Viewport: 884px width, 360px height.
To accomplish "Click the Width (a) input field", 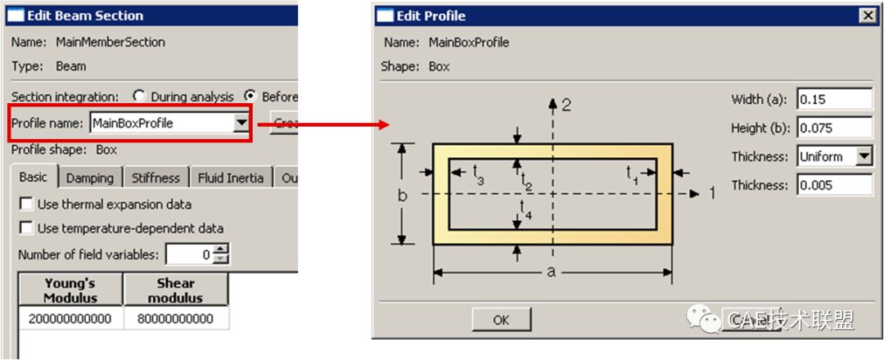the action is tap(835, 99).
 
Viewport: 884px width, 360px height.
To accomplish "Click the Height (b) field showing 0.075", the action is tap(835, 128).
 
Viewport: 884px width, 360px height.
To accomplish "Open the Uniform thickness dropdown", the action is tap(864, 156).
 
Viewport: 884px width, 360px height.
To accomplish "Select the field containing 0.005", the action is tap(835, 185).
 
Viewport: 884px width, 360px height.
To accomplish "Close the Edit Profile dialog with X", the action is tap(867, 16).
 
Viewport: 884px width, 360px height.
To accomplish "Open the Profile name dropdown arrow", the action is tap(241, 124).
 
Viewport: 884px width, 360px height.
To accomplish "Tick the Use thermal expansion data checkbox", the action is tap(26, 205).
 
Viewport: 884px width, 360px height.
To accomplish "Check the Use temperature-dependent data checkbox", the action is tap(26, 228).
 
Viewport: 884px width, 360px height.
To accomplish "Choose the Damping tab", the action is tap(90, 178).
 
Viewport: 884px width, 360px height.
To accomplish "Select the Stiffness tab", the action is tap(156, 178).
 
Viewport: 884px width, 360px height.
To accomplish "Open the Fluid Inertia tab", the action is tap(231, 178).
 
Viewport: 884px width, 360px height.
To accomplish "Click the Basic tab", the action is tap(34, 177).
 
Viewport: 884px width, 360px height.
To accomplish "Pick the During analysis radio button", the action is tap(139, 97).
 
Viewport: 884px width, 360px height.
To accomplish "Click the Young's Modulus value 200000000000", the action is tap(70, 318).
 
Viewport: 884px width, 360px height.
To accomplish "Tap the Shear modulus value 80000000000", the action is tap(175, 318).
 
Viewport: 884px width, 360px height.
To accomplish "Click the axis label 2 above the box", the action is tap(566, 105).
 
